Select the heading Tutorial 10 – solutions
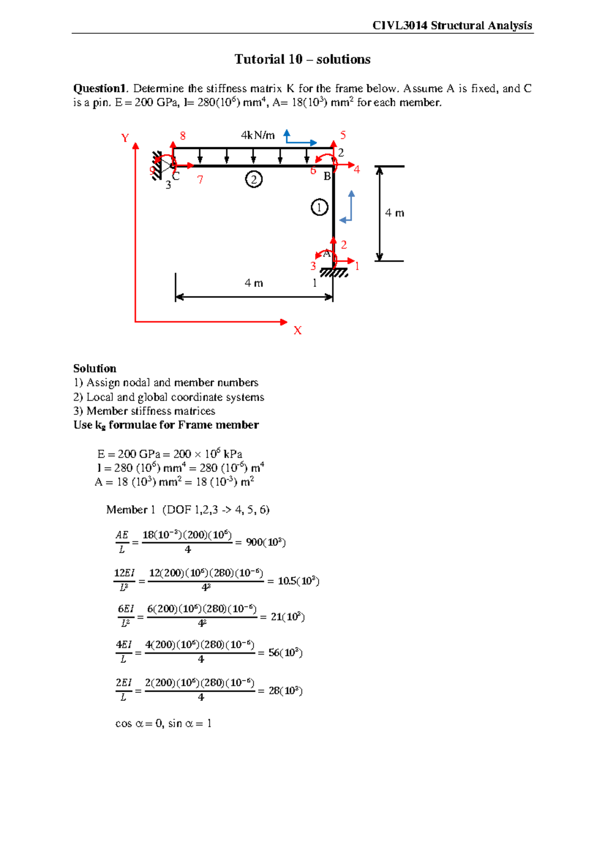click(x=302, y=59)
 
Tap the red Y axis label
click(x=125, y=138)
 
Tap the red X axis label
click(x=297, y=331)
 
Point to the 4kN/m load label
click(x=258, y=135)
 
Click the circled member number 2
click(x=254, y=179)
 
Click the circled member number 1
click(x=319, y=207)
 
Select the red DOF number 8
click(x=183, y=136)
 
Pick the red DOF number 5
click(x=343, y=135)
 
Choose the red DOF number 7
click(x=200, y=180)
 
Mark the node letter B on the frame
click(x=327, y=176)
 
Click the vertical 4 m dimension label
click(x=394, y=213)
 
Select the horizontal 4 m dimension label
click(x=254, y=283)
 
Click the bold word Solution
click(x=95, y=369)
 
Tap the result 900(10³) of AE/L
click(x=266, y=542)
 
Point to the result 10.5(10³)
click(x=298, y=581)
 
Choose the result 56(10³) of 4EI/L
click(x=285, y=653)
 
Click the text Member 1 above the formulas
click(x=131, y=510)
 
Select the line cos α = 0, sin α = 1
click(x=163, y=724)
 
